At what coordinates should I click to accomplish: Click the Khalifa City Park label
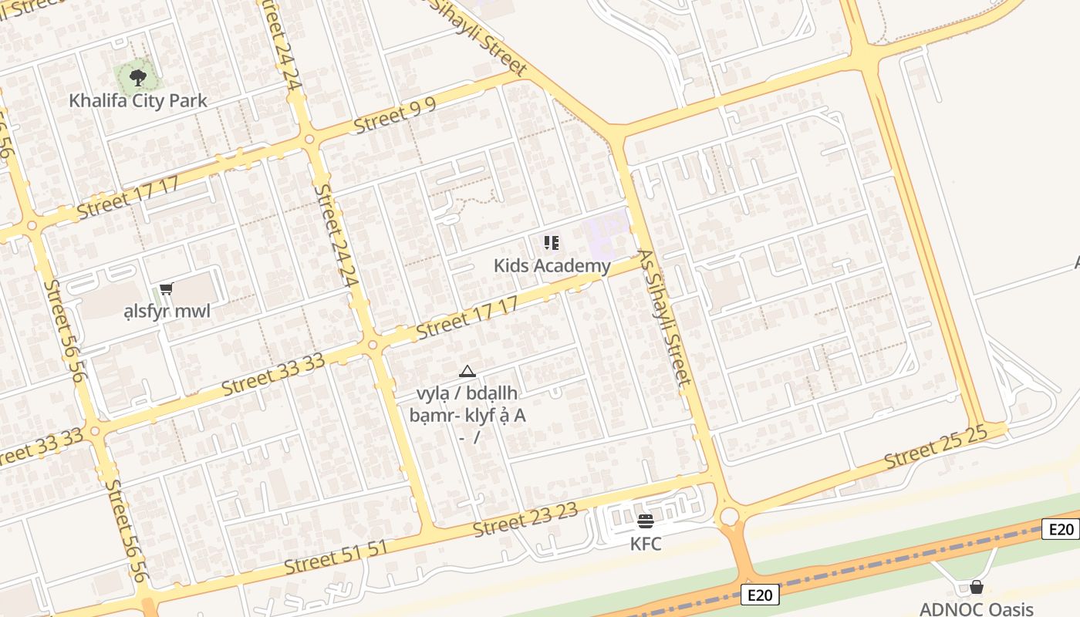138,100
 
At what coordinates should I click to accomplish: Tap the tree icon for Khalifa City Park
138,77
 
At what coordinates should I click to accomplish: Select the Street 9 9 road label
395,116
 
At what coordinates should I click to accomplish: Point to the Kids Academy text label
552,266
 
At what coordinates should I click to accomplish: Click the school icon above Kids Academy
552,244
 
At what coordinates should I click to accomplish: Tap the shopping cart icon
167,289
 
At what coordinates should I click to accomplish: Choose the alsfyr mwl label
167,312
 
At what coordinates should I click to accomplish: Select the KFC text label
646,544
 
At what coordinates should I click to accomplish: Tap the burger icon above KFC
646,521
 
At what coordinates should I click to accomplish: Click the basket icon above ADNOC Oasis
977,587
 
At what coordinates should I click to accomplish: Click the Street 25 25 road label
935,447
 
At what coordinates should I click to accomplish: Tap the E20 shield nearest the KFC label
762,595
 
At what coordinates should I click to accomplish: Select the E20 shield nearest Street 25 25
1061,529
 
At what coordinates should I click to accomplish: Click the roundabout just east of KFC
728,516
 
